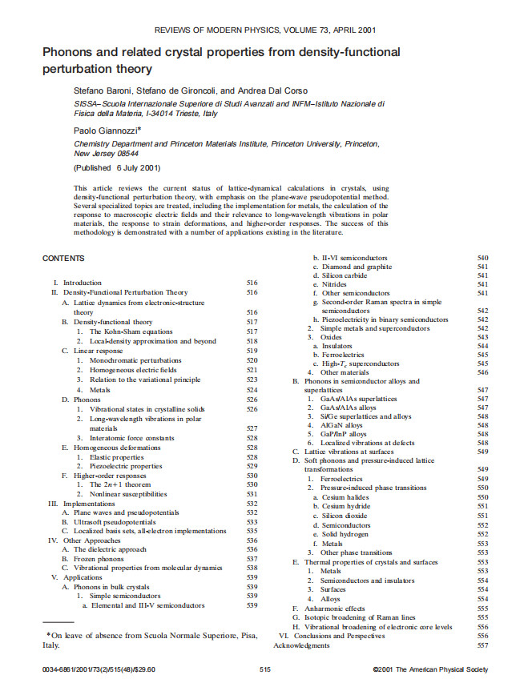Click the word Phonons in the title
pyautogui.click(x=72, y=52)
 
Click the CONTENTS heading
pyautogui.click(x=65, y=258)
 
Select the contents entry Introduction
pyautogui.click(x=82, y=283)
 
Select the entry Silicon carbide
pyautogui.click(x=343, y=275)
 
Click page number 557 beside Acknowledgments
pyautogui.click(x=482, y=645)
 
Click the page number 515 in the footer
pyautogui.click(x=266, y=669)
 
